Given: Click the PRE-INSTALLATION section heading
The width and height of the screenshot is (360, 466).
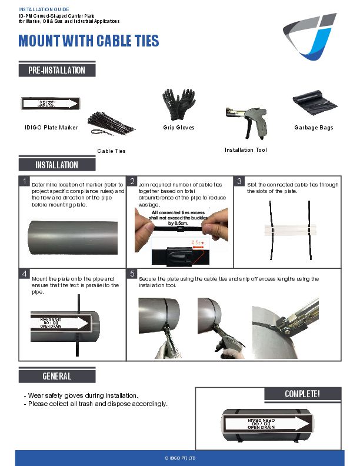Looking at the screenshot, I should click(x=57, y=71).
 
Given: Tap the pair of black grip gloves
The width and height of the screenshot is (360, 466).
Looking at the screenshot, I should click(x=178, y=104).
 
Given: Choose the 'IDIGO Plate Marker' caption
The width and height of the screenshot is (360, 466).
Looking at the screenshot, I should click(x=51, y=128).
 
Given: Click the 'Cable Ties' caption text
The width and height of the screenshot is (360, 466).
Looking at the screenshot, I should click(x=111, y=151).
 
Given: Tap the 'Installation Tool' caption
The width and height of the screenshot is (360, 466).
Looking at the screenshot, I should click(x=245, y=150).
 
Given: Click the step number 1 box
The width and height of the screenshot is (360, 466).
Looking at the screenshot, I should click(x=24, y=181).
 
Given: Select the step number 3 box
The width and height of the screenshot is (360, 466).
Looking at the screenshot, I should click(x=239, y=181).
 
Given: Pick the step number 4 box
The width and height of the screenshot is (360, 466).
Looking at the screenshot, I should click(x=24, y=274).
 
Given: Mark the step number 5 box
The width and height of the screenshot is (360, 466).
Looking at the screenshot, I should click(x=132, y=274).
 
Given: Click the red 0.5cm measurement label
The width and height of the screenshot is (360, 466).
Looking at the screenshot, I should click(x=198, y=242).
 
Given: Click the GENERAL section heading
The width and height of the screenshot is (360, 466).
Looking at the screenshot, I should click(x=57, y=376).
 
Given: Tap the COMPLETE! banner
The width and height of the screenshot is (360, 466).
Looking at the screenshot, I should click(x=303, y=394).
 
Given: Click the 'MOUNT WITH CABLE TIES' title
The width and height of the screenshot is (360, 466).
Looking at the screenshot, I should click(x=89, y=41).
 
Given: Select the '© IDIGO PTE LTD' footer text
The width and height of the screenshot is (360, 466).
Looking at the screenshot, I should click(x=180, y=458).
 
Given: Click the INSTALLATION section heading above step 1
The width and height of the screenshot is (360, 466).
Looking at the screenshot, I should click(x=57, y=165).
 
